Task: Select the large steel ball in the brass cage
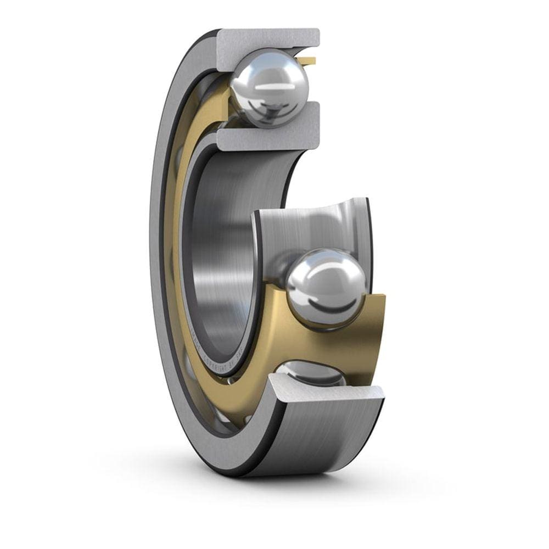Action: [x=327, y=288]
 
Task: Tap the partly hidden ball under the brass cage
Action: [x=310, y=373]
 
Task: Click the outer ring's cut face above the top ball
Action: [x=269, y=40]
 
